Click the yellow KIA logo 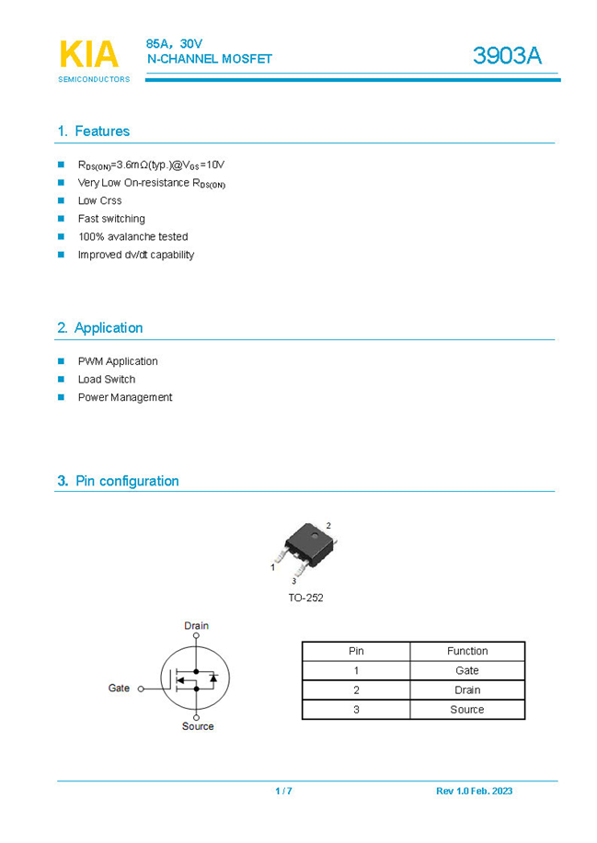click(89, 54)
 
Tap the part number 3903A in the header click(507, 55)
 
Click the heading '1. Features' click(93, 131)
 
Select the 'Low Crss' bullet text click(99, 200)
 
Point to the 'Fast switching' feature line click(111, 219)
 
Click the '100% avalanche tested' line click(132, 236)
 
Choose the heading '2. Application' click(99, 328)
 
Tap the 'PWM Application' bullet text click(118, 361)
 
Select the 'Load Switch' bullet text click(107, 379)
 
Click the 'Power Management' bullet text click(125, 397)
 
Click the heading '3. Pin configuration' click(118, 481)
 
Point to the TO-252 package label click(305, 598)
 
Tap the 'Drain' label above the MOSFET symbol click(196, 626)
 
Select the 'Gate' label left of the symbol click(119, 688)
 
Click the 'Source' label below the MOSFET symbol click(197, 726)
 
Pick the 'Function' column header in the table click(467, 651)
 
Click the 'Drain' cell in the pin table click(467, 689)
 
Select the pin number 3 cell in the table click(356, 710)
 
